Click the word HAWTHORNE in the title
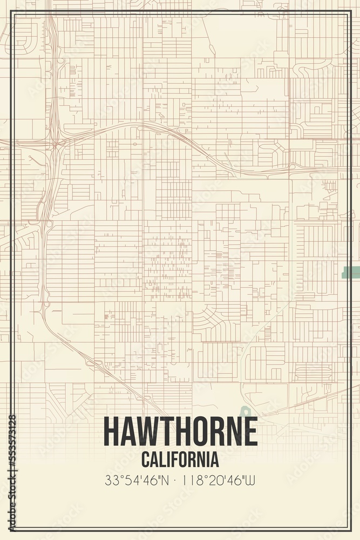click(180, 431)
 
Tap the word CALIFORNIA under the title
click(180, 460)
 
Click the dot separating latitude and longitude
click(180, 480)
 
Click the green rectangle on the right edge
click(351, 272)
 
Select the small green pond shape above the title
click(246, 412)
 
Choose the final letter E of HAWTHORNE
click(250, 431)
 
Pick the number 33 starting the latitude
click(111, 480)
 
